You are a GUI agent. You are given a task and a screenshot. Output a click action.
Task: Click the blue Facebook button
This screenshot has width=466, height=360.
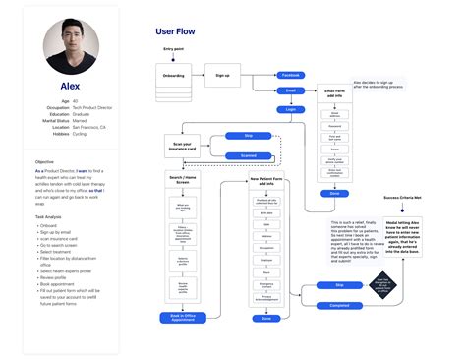click(x=291, y=75)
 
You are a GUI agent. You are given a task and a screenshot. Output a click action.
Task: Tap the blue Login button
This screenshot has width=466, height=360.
click(x=291, y=109)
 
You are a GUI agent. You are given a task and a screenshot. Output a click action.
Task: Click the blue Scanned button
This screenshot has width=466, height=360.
click(x=249, y=155)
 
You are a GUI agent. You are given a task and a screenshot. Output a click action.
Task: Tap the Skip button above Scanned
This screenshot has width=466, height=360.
click(x=249, y=136)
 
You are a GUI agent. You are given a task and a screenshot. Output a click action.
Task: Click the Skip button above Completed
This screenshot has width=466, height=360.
click(x=340, y=284)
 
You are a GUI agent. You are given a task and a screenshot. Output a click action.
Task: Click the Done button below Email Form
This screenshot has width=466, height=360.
click(x=335, y=193)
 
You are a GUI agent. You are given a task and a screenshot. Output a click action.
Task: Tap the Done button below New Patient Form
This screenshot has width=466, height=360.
click(x=265, y=317)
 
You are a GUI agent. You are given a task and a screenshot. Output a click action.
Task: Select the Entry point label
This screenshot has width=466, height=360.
click(x=174, y=46)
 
